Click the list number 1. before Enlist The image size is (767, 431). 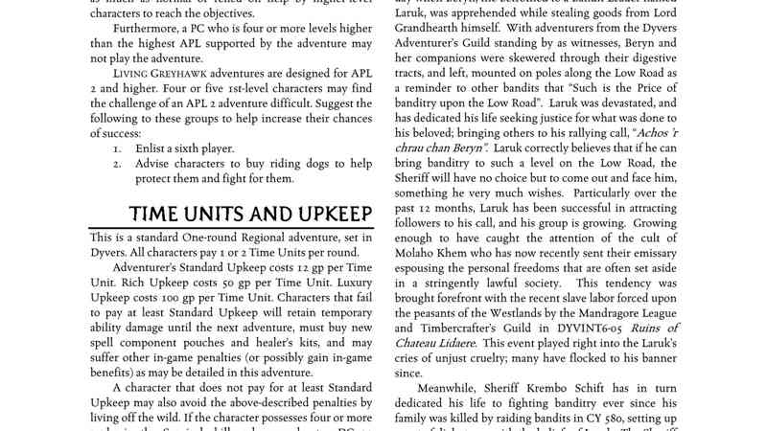(117, 149)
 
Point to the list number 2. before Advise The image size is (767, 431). (117, 164)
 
